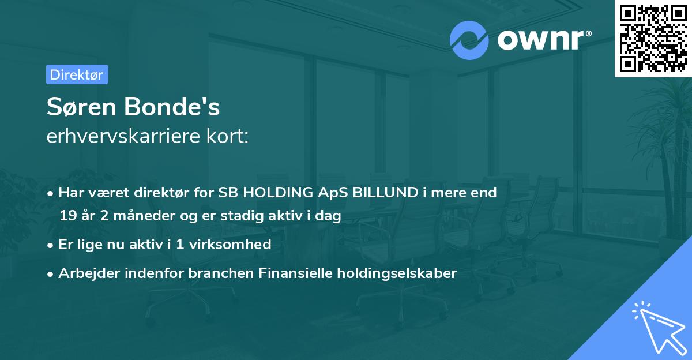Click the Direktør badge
click(77, 74)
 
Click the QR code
click(653, 38)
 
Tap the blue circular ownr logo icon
click(469, 40)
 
